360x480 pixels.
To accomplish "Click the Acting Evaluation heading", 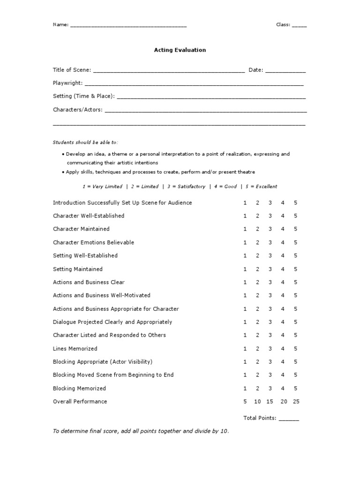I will (x=180, y=50).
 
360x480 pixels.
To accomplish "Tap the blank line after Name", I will (x=128, y=26).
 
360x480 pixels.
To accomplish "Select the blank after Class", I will (x=299, y=26).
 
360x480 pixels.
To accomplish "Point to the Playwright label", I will (x=67, y=83).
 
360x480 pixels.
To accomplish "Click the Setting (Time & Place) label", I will (x=83, y=96).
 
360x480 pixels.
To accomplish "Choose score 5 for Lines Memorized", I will (x=296, y=349).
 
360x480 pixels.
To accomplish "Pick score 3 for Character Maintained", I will (x=270, y=229).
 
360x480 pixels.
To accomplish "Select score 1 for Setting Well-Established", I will (x=245, y=256).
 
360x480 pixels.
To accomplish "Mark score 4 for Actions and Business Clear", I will (x=283, y=282).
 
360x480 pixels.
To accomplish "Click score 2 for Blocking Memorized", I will (x=257, y=389).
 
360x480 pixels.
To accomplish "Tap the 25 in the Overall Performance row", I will (x=296, y=402).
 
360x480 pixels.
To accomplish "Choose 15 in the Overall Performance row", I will (x=270, y=402).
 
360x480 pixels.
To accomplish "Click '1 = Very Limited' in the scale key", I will (x=102, y=187).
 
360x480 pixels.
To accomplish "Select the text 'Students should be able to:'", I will (x=85, y=142).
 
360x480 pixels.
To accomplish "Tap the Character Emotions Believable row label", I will (x=93, y=242).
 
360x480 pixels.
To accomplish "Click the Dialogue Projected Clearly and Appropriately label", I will (x=112, y=322).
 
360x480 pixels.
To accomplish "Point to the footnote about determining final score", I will (x=141, y=431).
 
